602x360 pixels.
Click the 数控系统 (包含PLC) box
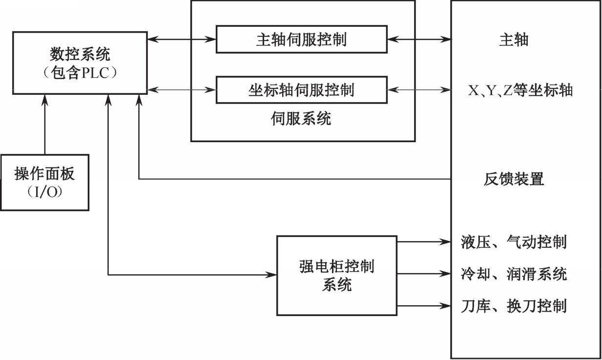tap(80, 63)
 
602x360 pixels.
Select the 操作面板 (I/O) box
tap(44, 182)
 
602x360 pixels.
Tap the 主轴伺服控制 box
tap(301, 40)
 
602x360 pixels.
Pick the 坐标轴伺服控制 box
tap(301, 90)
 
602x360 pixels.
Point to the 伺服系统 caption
tap(301, 118)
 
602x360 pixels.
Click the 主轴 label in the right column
tap(513, 40)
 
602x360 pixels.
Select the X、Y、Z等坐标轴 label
tap(519, 90)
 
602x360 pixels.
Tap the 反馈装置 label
tap(514, 179)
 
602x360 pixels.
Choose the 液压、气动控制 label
tap(514, 242)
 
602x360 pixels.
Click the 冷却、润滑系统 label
tap(514, 274)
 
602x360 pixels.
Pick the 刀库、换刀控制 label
tap(514, 306)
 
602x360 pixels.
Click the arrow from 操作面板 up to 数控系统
tap(44, 125)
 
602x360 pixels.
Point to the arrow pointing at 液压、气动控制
tap(423, 241)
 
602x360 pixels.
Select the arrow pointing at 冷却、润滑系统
tap(423, 274)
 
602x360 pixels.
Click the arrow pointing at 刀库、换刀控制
tap(423, 306)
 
